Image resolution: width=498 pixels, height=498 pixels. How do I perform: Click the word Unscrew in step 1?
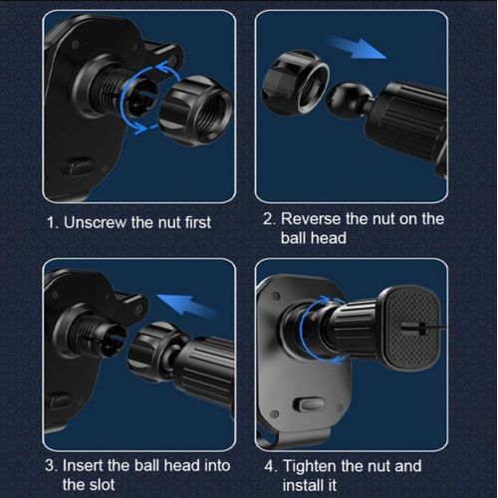click(x=95, y=222)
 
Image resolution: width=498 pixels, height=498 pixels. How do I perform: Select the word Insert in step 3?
click(x=83, y=465)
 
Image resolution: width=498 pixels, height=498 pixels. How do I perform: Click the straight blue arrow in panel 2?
click(x=356, y=47)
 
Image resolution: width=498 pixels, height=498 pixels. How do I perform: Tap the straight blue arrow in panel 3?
click(x=187, y=306)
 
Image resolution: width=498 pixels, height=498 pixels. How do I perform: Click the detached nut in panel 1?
click(x=196, y=111)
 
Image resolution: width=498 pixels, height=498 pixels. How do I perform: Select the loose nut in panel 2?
click(x=296, y=83)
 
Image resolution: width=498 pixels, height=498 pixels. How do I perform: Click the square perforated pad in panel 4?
click(x=410, y=329)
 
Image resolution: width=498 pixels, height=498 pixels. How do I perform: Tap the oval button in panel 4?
click(x=309, y=404)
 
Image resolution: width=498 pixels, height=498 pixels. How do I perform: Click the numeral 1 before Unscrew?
click(x=51, y=222)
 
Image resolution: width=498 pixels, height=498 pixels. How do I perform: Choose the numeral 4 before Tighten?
click(x=269, y=466)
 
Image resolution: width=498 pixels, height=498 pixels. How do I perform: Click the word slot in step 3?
click(x=101, y=485)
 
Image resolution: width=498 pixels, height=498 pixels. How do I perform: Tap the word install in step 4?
click(x=305, y=485)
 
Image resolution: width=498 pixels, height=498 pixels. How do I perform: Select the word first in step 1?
click(x=198, y=222)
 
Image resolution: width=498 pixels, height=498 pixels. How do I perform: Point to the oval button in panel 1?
click(x=79, y=167)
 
